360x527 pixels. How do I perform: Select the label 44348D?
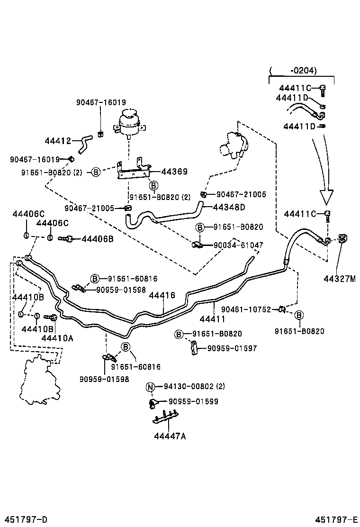tap(229, 207)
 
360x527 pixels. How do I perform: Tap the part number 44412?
tap(58, 141)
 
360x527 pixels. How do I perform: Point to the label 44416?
tap(162, 295)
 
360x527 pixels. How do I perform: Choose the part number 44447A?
tap(170, 436)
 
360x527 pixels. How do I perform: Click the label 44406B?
tap(98, 239)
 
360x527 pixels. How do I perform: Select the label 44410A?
tap(57, 338)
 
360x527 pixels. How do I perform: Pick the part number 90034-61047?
tap(239, 245)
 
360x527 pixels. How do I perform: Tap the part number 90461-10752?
tap(246, 309)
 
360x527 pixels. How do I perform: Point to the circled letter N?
tap(150, 387)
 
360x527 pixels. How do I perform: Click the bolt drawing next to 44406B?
tap(65, 239)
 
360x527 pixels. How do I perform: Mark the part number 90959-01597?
tap(232, 348)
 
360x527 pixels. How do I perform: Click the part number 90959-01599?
tap(194, 401)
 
